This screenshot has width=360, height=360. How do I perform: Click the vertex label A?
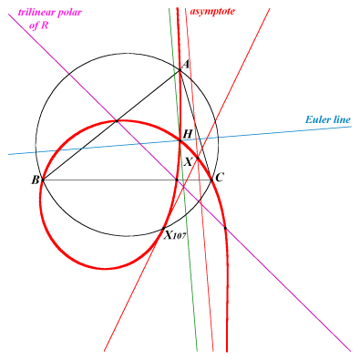click(186, 65)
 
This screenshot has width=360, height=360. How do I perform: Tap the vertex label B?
click(36, 180)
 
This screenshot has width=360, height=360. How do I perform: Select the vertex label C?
click(220, 177)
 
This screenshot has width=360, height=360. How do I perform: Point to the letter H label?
click(188, 134)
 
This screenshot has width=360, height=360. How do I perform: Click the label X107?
click(175, 234)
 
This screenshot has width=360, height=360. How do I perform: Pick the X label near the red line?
click(189, 162)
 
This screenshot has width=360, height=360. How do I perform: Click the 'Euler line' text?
click(328, 119)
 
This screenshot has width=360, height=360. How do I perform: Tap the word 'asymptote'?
click(212, 12)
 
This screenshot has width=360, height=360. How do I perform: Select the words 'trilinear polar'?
click(50, 12)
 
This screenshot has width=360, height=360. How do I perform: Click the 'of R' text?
click(38, 26)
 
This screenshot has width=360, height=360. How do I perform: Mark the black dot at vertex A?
click(180, 70)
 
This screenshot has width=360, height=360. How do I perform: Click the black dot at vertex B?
click(43, 180)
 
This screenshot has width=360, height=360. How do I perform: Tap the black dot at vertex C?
click(212, 180)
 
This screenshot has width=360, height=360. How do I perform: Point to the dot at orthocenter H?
click(180, 140)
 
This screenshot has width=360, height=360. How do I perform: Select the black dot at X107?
click(164, 228)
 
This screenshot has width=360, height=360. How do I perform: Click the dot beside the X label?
click(198, 158)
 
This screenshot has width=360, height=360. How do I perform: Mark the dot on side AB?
click(117, 121)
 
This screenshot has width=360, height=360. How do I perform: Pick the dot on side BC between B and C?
click(177, 180)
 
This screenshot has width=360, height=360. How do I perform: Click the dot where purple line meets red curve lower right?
click(225, 228)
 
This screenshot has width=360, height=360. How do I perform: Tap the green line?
click(183, 180)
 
